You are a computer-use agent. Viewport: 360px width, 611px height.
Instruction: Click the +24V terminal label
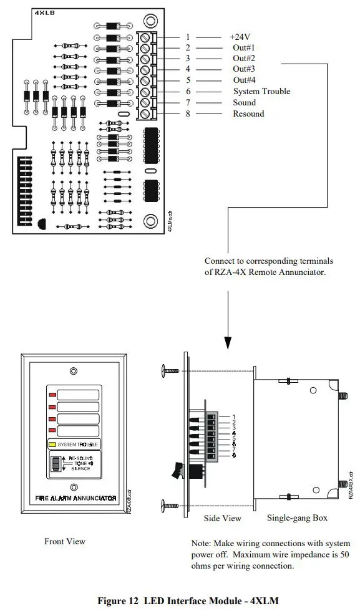240,37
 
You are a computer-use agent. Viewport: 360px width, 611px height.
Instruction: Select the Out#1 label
243,48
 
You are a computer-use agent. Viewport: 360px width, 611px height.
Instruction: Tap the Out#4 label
243,80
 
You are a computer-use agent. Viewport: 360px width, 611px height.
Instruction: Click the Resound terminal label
248,113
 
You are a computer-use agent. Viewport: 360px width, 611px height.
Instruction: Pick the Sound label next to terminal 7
245,102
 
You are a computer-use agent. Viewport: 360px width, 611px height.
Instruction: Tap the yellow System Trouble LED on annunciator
52,445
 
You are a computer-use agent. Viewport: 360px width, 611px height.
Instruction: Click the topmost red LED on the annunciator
52,395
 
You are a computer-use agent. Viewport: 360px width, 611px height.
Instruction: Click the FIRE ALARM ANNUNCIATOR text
73,498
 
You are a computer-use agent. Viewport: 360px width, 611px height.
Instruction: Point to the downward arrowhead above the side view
228,342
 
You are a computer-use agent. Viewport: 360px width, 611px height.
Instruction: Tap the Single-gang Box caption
298,518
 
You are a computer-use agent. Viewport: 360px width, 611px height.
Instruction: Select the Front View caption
64,541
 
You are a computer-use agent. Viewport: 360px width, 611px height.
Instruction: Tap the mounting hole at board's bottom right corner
150,221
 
